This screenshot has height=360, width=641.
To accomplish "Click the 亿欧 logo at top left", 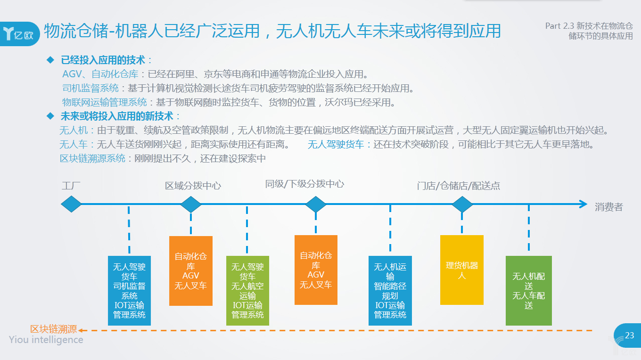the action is click(x=19, y=34).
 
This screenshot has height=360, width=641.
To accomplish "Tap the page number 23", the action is click(x=629, y=335).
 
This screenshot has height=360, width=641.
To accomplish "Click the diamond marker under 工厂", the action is click(x=71, y=204).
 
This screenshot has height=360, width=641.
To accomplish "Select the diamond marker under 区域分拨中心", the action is click(x=191, y=204).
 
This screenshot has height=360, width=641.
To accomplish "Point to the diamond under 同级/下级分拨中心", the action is click(x=316, y=204).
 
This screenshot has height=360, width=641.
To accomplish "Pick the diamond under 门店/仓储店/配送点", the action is click(x=462, y=204).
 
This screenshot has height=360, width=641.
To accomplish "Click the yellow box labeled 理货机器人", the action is click(x=462, y=270).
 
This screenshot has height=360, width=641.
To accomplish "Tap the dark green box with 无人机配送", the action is click(x=528, y=290).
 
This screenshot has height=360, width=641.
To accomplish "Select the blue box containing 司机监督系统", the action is click(x=129, y=290).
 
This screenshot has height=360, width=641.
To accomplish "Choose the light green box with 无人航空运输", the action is click(x=247, y=290).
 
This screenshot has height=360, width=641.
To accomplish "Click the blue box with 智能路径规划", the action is click(x=390, y=290).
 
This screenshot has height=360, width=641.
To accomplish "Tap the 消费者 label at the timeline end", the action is click(x=608, y=206).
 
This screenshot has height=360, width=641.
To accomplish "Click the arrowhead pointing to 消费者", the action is click(x=583, y=204).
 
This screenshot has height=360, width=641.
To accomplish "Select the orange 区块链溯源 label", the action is click(x=54, y=329).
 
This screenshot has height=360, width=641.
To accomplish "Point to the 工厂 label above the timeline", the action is click(x=71, y=186).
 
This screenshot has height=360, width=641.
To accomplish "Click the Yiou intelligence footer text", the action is click(x=46, y=340).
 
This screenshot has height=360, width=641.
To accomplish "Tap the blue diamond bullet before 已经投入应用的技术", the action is click(x=50, y=60).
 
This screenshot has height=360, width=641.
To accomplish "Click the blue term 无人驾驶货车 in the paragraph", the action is click(x=336, y=144).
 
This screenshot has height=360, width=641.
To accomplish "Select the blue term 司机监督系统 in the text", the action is click(x=90, y=88).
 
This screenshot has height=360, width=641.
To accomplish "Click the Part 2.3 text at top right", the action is click(x=589, y=31).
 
